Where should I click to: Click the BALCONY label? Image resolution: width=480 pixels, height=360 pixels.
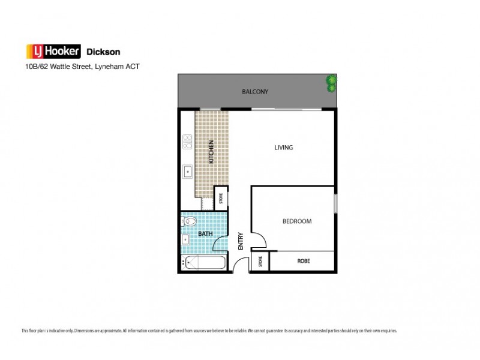(x=255, y=92)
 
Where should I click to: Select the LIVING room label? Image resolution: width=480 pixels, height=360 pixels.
(x=283, y=148)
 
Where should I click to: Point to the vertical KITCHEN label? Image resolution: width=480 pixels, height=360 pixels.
(x=211, y=152)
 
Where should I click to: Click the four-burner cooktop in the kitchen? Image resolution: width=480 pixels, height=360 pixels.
(x=187, y=142)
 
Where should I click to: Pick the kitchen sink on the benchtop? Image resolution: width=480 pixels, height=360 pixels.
(x=187, y=170)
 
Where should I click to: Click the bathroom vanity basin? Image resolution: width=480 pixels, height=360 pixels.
(x=185, y=241)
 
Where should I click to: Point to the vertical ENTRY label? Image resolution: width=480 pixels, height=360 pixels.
(x=241, y=241)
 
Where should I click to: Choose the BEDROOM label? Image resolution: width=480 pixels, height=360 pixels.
(x=297, y=221)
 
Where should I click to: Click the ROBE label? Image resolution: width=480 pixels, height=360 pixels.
(x=303, y=262)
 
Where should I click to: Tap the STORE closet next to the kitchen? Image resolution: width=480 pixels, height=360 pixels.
(x=221, y=197)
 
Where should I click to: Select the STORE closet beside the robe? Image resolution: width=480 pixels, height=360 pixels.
(x=260, y=262)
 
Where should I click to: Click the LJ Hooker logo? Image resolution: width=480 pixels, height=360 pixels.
(x=51, y=51)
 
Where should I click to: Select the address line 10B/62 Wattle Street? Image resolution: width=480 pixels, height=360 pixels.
(x=81, y=67)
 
